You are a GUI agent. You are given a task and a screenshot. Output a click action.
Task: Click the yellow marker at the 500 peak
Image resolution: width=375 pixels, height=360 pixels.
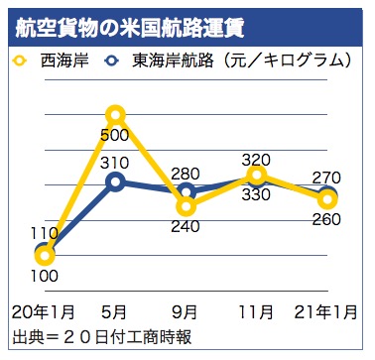[115, 115]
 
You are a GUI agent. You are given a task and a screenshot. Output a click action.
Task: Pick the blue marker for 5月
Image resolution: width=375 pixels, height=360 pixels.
[115, 180]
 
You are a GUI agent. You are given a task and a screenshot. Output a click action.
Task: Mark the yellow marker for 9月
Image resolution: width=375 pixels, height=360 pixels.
[187, 206]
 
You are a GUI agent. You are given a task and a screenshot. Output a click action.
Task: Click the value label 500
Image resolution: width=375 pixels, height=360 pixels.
[115, 136]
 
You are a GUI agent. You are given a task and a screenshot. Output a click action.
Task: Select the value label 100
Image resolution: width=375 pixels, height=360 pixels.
[45, 282]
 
